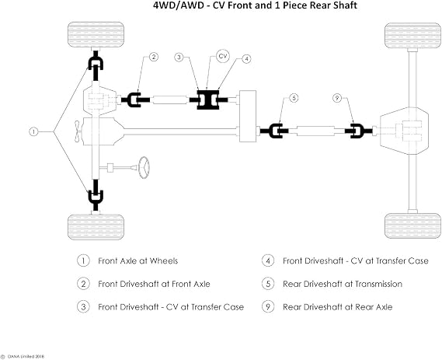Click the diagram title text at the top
coord(255,5)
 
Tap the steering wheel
coord(144,167)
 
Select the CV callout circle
coord(223,56)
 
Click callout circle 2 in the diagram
coord(153,57)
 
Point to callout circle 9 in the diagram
coord(337,98)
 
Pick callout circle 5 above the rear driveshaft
coord(294,98)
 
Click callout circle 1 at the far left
coord(33,131)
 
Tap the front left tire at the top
coord(96,34)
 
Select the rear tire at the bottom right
coord(412,225)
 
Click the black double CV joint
coord(208,100)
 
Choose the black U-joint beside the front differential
coord(135,100)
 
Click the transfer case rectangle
coord(248,116)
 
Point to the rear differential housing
coord(404,131)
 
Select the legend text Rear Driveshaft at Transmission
coord(343,284)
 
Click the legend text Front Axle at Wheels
coord(137,260)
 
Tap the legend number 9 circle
coord(268,306)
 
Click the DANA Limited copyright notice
coord(23,357)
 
